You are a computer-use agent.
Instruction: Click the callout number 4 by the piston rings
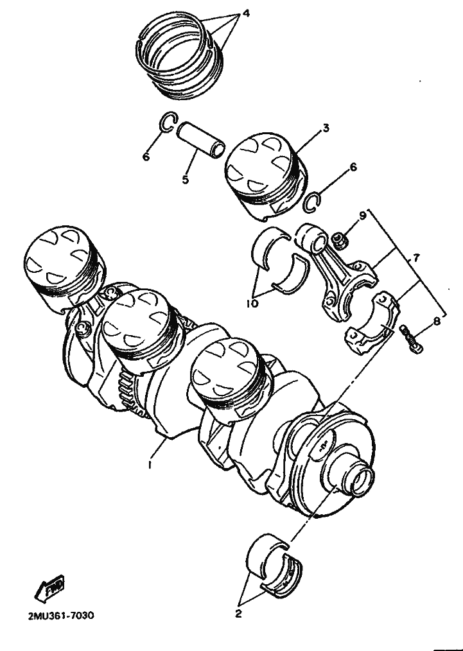pos(246,13)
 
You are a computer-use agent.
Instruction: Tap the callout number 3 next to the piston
pos(326,128)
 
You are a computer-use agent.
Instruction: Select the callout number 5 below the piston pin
pos(185,179)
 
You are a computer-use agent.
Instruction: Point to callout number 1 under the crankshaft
pos(150,465)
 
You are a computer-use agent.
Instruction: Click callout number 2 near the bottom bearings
pos(238,614)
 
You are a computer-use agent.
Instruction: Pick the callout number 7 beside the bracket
pos(415,258)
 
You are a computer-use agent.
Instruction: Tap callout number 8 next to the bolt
pos(436,321)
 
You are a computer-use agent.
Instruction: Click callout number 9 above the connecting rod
pos(363,216)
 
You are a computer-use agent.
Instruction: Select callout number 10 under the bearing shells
pos(252,304)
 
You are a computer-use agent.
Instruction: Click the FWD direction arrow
pos(49,588)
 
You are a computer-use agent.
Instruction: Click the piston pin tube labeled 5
pos(200,141)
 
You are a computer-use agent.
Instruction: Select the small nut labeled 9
pos(339,240)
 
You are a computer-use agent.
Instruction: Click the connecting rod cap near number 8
pos(372,322)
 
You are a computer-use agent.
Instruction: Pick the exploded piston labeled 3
pos(266,175)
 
